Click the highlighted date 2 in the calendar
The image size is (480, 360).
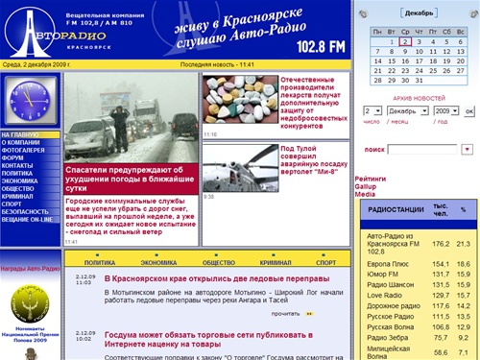tap(405, 42)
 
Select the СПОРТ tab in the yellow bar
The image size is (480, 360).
tap(327, 261)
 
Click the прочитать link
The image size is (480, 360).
tap(285, 314)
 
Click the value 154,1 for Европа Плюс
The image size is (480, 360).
tap(441, 263)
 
